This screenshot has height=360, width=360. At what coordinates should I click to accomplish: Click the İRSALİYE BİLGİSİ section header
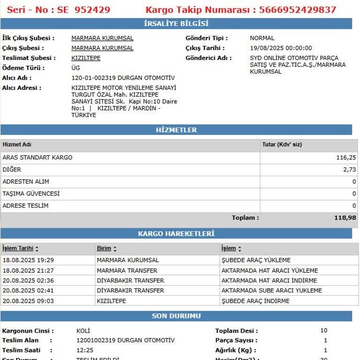(176, 23)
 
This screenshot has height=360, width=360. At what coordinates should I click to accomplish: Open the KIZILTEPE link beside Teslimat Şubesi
(86, 58)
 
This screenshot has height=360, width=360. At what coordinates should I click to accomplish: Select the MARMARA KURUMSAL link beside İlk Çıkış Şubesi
(102, 38)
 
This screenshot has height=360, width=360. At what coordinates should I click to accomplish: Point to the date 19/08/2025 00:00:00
(281, 48)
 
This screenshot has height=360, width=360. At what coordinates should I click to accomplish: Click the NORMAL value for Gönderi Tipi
(262, 38)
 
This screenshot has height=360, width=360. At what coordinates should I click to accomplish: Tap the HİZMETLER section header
(176, 130)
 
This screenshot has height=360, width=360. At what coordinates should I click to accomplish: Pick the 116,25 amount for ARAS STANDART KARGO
(346, 157)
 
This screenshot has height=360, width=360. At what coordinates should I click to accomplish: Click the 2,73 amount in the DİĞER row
(350, 170)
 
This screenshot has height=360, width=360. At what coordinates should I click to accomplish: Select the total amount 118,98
(345, 218)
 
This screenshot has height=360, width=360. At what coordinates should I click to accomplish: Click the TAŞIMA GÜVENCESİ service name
(31, 194)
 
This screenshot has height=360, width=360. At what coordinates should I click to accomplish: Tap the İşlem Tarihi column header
(18, 248)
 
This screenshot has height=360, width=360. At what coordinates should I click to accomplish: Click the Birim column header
(104, 248)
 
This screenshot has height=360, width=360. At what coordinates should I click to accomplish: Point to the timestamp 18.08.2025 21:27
(28, 270)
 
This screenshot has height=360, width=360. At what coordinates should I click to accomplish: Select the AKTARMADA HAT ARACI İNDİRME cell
(269, 281)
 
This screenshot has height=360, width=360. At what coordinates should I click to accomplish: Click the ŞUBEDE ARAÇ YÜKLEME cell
(256, 260)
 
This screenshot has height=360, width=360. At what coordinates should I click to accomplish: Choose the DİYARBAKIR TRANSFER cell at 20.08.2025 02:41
(130, 291)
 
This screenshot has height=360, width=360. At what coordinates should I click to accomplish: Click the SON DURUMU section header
(176, 316)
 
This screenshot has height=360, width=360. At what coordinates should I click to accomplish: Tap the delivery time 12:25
(85, 350)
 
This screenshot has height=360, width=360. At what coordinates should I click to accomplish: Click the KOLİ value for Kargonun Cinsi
(83, 330)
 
